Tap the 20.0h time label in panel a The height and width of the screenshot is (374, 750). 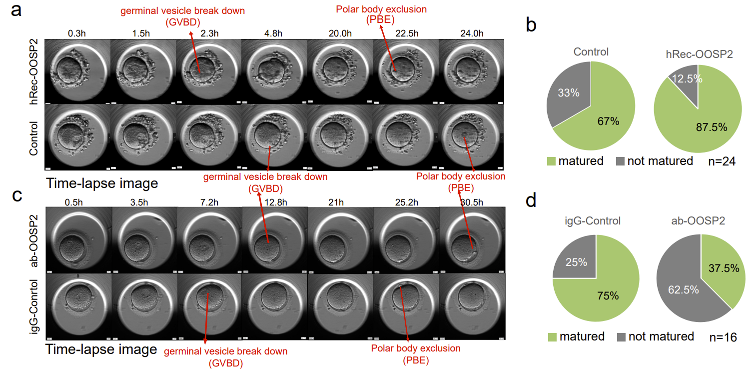340,33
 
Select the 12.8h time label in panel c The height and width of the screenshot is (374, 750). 274,203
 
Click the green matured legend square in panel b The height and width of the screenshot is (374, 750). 552,161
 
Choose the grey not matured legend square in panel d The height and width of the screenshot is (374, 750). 622,336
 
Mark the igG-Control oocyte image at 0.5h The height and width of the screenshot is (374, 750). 78,306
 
